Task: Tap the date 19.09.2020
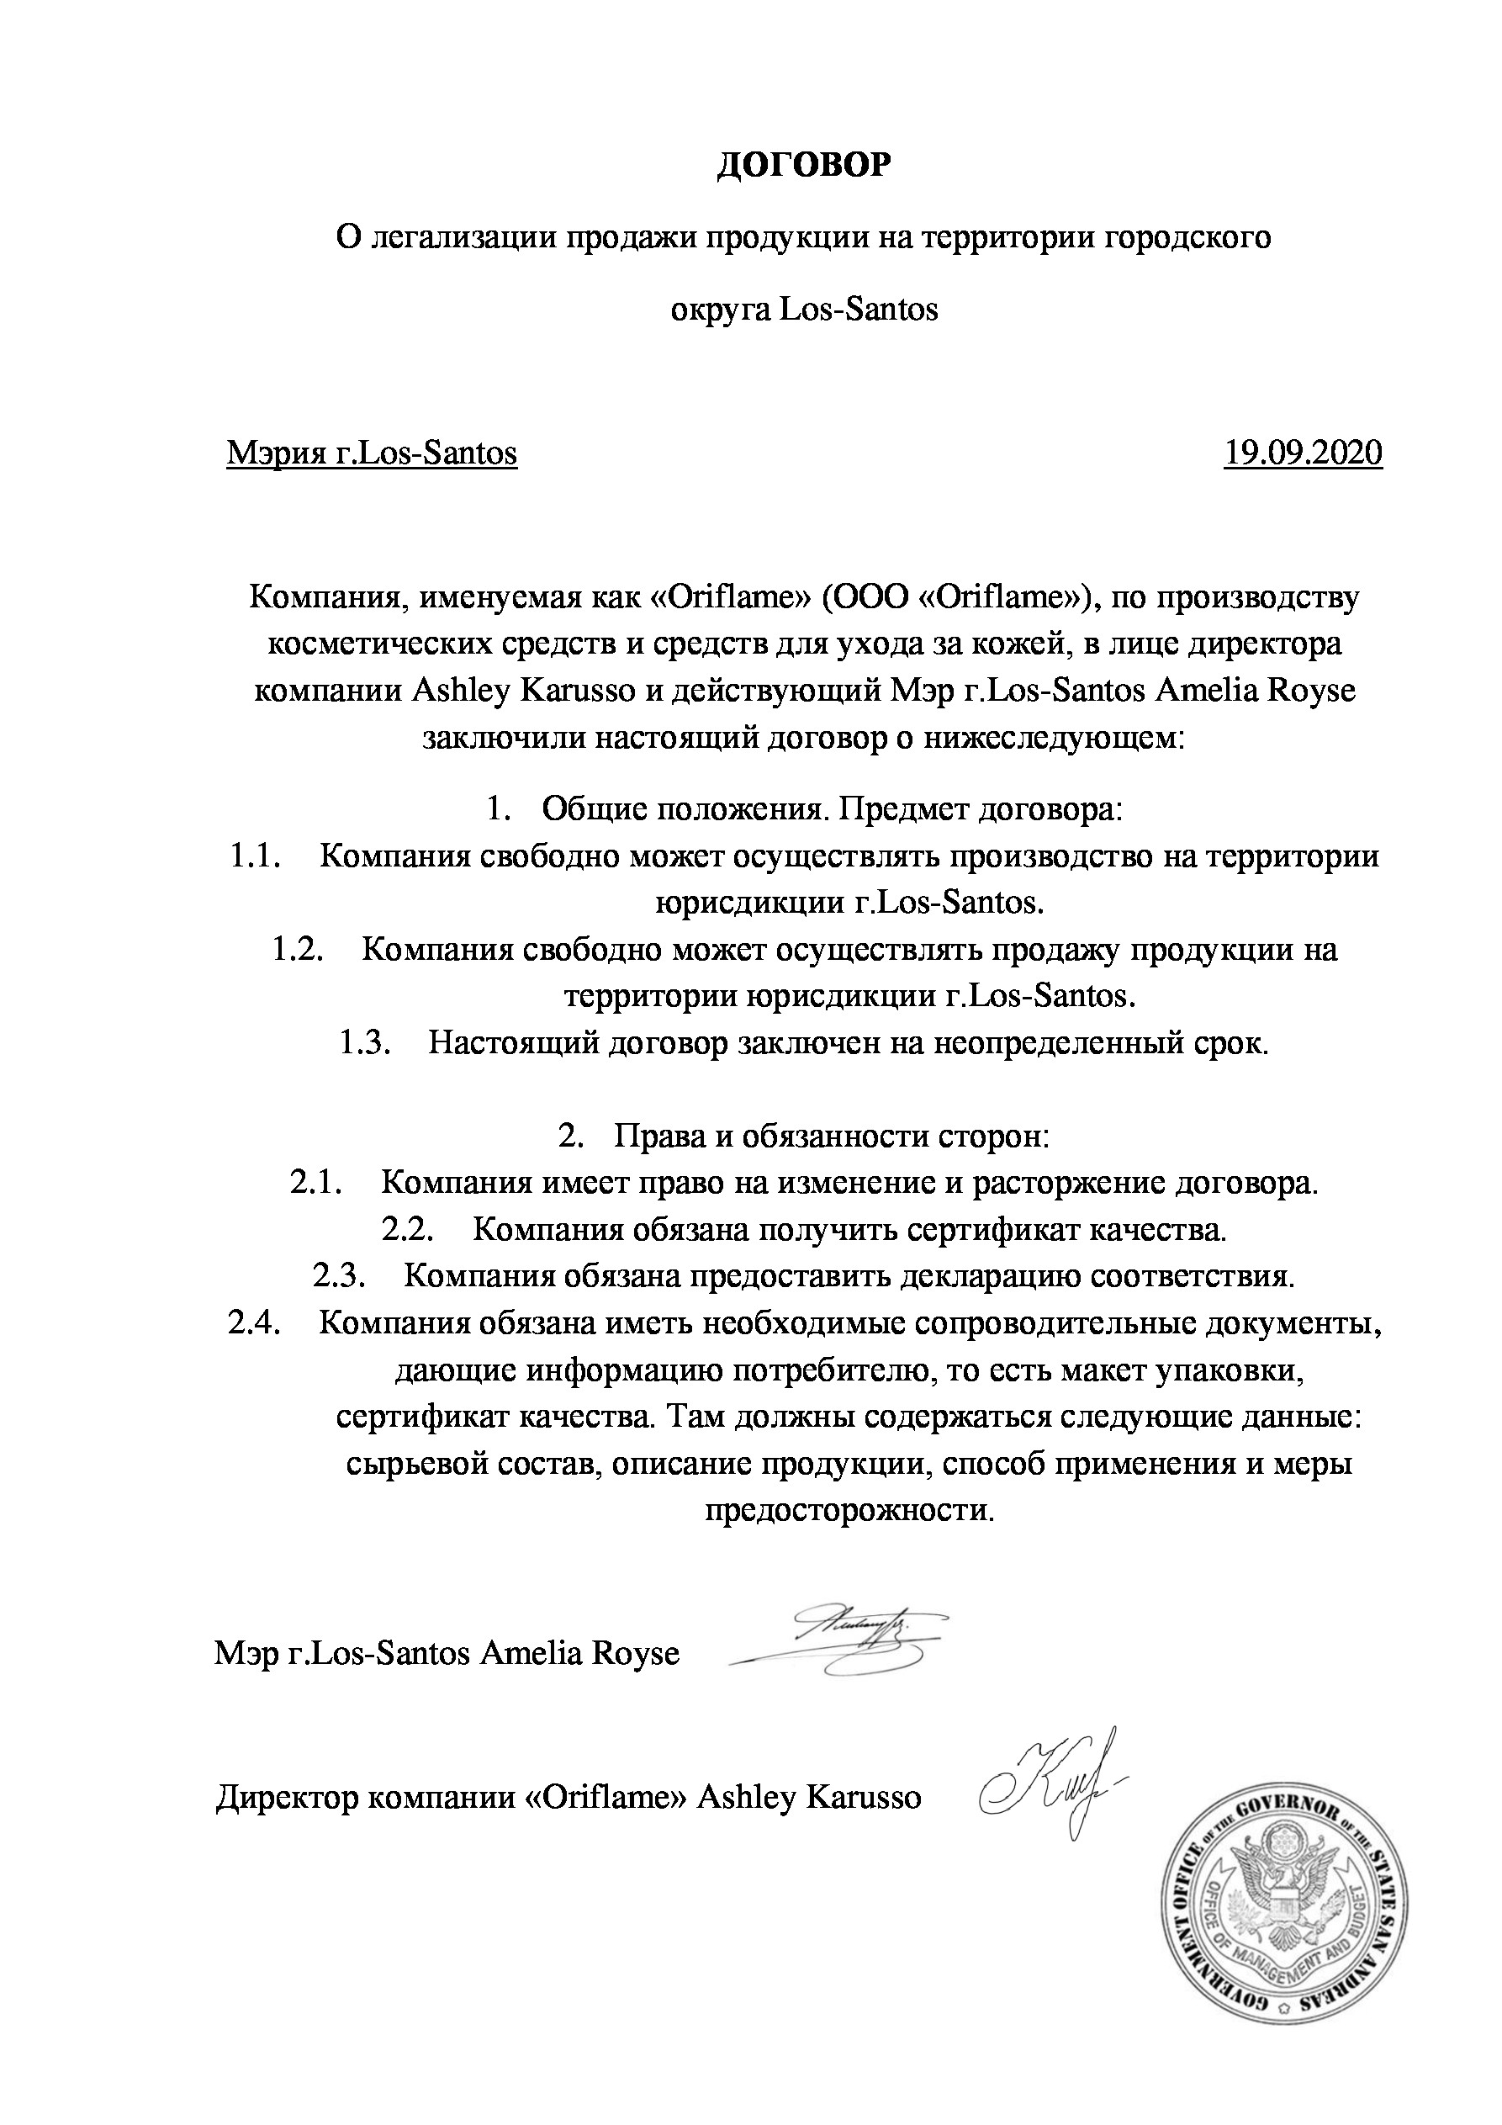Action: (x=1302, y=453)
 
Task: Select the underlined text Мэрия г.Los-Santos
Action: (x=371, y=453)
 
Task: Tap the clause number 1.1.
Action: (x=254, y=856)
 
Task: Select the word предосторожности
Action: (x=849, y=1510)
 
